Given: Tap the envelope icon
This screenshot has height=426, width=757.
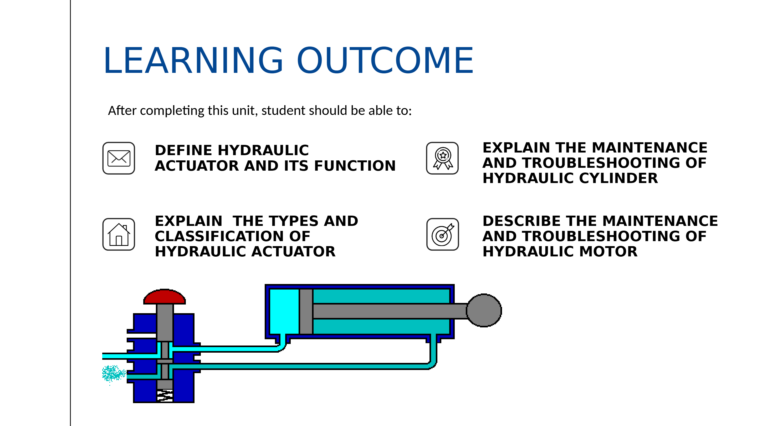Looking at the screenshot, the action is coord(119,158).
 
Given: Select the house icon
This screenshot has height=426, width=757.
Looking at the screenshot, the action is coord(119,234).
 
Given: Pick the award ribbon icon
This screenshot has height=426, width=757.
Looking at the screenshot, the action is coord(443,158).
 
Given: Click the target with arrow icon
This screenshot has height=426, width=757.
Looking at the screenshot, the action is coord(443,234).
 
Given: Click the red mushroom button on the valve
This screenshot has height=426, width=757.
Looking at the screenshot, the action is coord(165,296).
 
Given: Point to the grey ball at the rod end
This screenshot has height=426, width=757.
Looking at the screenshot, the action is coord(484,310).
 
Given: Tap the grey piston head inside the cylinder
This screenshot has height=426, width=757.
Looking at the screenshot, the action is coord(306,311).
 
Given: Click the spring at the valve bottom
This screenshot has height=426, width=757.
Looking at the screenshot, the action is coord(165,395).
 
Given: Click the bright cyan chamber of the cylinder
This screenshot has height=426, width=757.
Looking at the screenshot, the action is coord(284,311).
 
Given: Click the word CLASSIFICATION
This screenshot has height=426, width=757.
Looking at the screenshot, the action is coord(232,236).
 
